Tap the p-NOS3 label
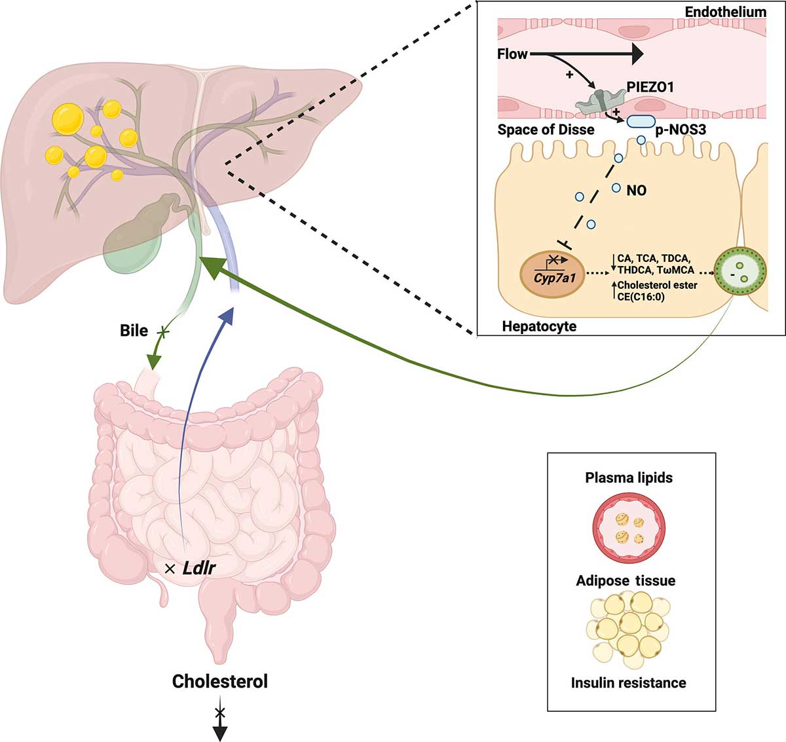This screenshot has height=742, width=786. (681, 130)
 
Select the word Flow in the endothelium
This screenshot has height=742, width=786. (512, 54)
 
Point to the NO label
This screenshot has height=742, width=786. (636, 191)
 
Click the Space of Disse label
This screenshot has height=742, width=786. (546, 130)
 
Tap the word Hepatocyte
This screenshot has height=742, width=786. (539, 325)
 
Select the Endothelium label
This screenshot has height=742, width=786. (725, 12)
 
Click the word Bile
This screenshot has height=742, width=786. (134, 330)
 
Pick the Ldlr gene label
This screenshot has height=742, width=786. (199, 568)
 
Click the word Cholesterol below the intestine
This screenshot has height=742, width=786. (220, 681)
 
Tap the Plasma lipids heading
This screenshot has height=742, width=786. (629, 477)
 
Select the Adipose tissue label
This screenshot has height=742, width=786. (626, 580)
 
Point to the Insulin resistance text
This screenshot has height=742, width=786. (628, 682)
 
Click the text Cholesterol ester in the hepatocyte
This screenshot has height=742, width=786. (657, 286)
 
